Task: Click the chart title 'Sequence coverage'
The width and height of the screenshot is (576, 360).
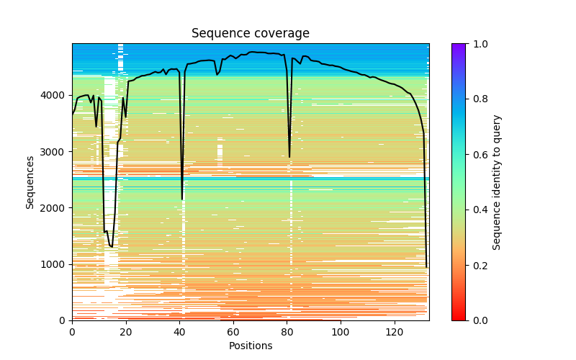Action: (251, 34)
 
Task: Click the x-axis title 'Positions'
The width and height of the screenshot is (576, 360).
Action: (251, 346)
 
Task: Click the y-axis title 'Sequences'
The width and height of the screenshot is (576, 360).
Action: (30, 181)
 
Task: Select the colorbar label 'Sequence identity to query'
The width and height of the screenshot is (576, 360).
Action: (498, 181)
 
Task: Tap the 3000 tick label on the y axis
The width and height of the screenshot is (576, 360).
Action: (56, 151)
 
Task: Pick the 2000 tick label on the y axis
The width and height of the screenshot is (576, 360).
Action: (56, 207)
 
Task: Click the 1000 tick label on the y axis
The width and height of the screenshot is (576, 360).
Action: (56, 264)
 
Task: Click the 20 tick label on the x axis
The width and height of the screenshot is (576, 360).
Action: (126, 332)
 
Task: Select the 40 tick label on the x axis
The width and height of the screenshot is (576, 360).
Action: (179, 332)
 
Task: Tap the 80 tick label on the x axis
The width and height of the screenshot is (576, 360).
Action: (287, 332)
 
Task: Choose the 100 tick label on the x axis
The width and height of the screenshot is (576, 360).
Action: (341, 332)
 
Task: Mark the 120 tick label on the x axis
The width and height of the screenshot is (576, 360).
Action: (395, 332)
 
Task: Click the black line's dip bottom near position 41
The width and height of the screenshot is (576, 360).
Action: (182, 199)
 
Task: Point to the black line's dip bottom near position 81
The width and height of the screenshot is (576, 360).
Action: (289, 157)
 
